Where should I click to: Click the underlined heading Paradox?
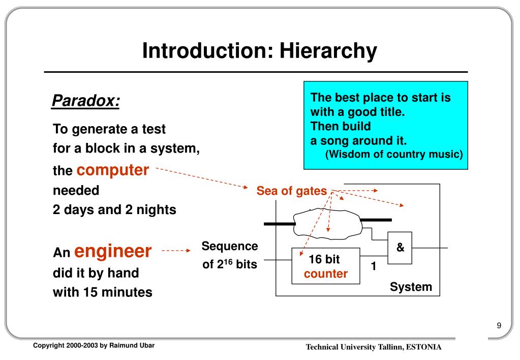pyautogui.click(x=86, y=101)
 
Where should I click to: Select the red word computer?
pyautogui.click(x=113, y=170)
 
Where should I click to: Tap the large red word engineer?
pyautogui.click(x=113, y=251)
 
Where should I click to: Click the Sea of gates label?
pyautogui.click(x=291, y=191)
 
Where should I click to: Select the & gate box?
pyautogui.click(x=400, y=248)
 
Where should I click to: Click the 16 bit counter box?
pyautogui.click(x=325, y=266)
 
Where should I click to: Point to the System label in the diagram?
pyautogui.click(x=411, y=287)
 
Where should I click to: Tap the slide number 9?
pyautogui.click(x=499, y=326)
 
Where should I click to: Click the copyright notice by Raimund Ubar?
pyautogui.click(x=94, y=346)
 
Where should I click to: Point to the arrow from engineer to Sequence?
pyautogui.click(x=175, y=251)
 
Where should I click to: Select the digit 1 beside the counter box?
pyautogui.click(x=373, y=266)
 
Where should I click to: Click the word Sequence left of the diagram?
pyautogui.click(x=230, y=247)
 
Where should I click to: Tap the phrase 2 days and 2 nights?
pyautogui.click(x=114, y=209)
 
